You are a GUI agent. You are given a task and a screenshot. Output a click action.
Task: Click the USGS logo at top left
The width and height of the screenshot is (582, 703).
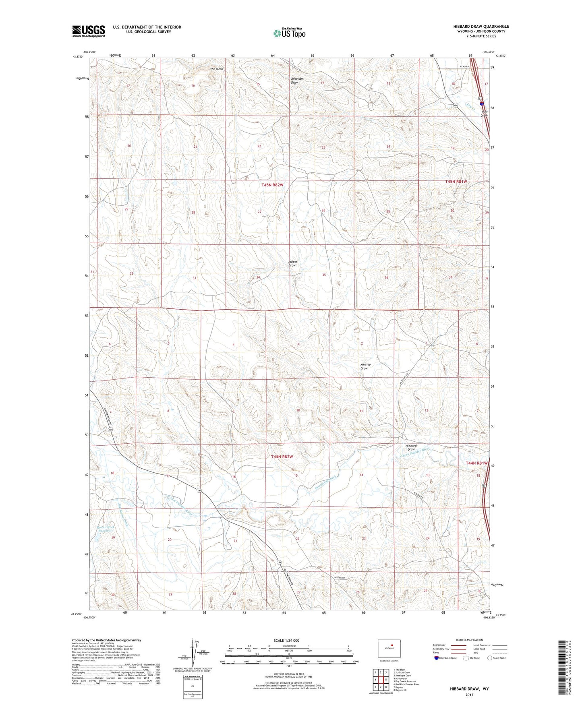coord(88,31)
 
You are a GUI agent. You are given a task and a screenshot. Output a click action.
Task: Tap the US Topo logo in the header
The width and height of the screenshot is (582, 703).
coord(289,33)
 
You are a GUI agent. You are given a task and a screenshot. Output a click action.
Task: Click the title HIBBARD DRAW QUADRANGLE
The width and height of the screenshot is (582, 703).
coord(481,27)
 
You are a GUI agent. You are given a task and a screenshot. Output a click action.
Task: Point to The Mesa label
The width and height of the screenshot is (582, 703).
coord(216,69)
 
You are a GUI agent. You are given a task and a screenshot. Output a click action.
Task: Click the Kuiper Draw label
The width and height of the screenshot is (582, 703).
coord(292,263)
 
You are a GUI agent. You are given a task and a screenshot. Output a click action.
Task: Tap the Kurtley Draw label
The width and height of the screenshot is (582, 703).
coord(365,366)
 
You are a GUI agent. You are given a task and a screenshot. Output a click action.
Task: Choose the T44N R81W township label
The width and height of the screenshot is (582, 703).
coord(476,463)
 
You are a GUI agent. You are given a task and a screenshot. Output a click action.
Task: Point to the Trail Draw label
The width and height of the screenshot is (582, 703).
coord(484,114)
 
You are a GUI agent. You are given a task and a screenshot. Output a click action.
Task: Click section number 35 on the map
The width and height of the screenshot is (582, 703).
coord(324,275)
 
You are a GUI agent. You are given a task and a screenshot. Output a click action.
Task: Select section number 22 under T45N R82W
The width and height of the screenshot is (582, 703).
coord(259,146)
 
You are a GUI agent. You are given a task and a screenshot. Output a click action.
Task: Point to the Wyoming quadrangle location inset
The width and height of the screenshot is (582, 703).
coord(389,648)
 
